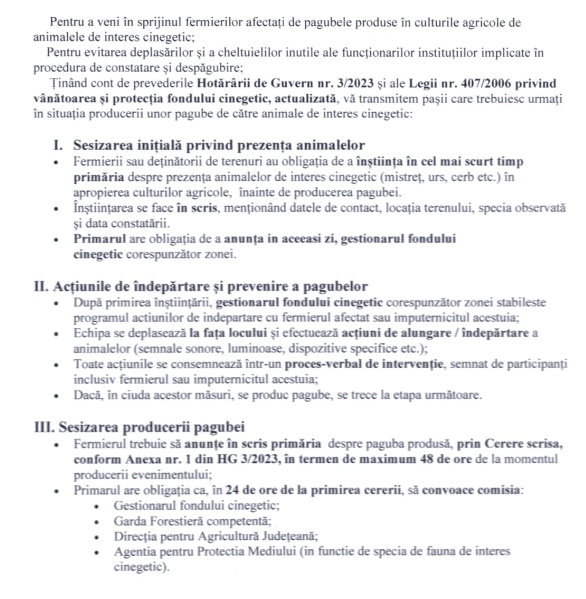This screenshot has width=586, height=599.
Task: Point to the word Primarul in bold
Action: coord(99,238)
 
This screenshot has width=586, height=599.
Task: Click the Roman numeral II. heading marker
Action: coord(42,287)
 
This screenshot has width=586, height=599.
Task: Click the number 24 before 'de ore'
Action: coord(232,490)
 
